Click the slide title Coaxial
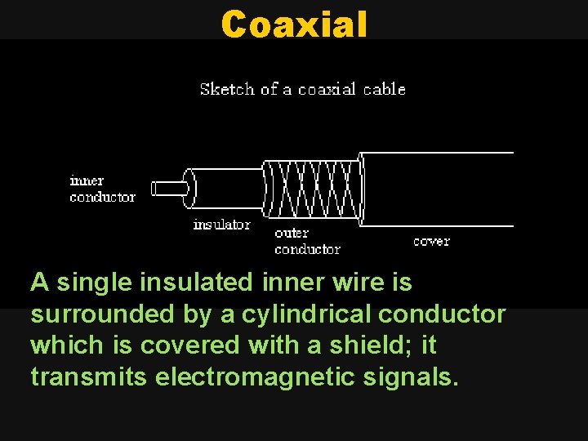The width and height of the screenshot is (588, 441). click(x=294, y=24)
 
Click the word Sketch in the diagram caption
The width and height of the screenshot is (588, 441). click(x=227, y=89)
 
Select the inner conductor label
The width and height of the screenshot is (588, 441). click(x=102, y=189)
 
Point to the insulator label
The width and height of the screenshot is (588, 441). click(x=221, y=225)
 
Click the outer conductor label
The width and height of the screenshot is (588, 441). click(x=307, y=241)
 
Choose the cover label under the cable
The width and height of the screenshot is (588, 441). click(x=431, y=242)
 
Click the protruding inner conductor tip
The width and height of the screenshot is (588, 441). click(x=169, y=189)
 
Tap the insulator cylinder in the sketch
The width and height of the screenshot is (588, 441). click(x=225, y=189)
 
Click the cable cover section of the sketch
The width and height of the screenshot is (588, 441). click(x=437, y=189)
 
